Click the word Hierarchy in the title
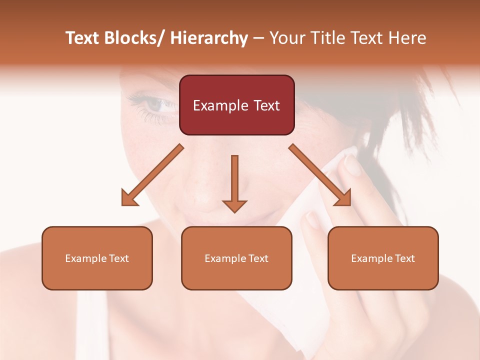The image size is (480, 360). (209, 38)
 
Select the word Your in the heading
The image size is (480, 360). (286, 38)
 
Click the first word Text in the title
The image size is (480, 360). (82, 38)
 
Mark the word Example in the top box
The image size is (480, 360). (219, 105)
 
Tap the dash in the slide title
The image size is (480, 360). (258, 38)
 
